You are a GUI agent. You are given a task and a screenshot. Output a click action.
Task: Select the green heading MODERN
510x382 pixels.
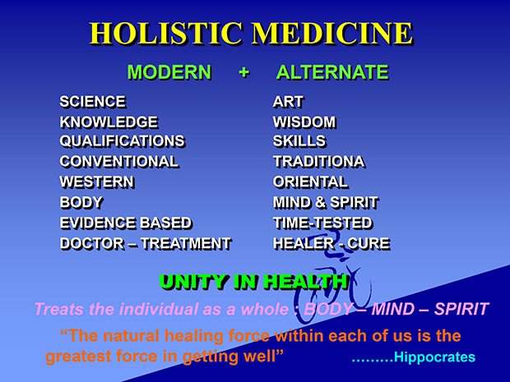169,72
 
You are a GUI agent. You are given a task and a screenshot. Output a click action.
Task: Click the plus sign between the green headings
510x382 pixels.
244,72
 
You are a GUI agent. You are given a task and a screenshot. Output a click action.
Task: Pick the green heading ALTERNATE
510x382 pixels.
332,72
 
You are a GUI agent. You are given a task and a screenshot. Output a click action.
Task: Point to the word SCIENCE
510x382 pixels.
92,102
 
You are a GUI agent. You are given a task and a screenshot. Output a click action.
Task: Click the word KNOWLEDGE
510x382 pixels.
109,122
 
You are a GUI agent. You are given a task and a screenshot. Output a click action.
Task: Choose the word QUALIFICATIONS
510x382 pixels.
122,141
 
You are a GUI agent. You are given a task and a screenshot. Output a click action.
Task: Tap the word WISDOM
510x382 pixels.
304,122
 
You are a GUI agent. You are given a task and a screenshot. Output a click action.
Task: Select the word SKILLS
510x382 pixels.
299,141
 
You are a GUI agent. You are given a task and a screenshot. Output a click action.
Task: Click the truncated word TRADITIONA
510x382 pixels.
319,162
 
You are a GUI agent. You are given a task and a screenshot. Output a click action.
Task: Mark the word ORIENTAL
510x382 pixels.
310,182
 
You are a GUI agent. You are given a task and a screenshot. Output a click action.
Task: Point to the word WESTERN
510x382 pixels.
97,182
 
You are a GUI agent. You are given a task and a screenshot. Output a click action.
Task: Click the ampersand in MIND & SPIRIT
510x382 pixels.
321,202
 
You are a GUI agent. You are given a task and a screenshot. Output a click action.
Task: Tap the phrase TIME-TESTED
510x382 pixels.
322,223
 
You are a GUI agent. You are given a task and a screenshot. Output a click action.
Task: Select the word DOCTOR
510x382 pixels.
92,244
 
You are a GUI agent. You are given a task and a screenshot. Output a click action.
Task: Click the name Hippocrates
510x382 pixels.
434,357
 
